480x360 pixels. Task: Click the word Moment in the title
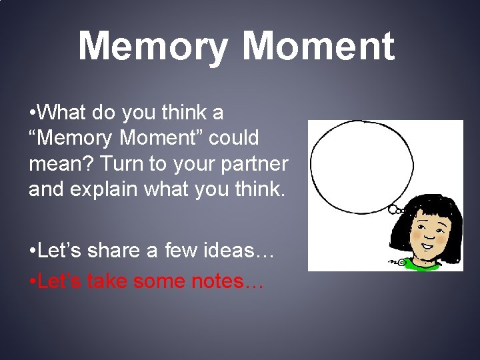(318, 46)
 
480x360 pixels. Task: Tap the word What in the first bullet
(65, 112)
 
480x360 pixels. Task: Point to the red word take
(107, 281)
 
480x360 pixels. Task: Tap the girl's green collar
(420, 265)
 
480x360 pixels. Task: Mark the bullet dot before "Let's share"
(33, 251)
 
